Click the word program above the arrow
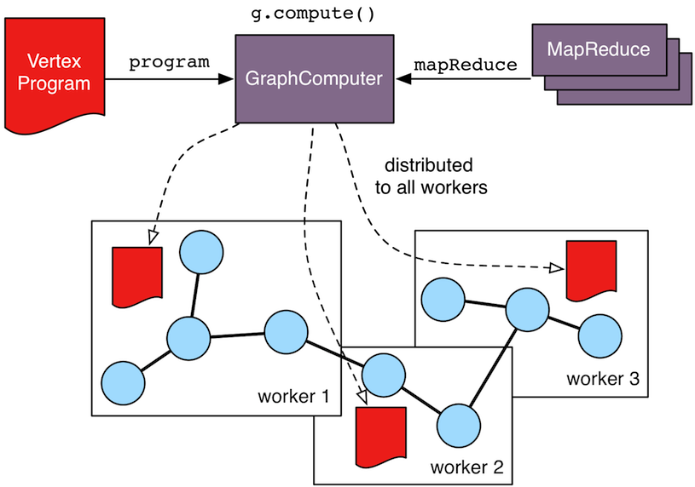169,63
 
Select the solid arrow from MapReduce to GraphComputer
465,80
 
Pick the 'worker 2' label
466,467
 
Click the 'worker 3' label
602,378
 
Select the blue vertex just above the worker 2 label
456,421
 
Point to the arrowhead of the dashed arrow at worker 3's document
555,268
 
